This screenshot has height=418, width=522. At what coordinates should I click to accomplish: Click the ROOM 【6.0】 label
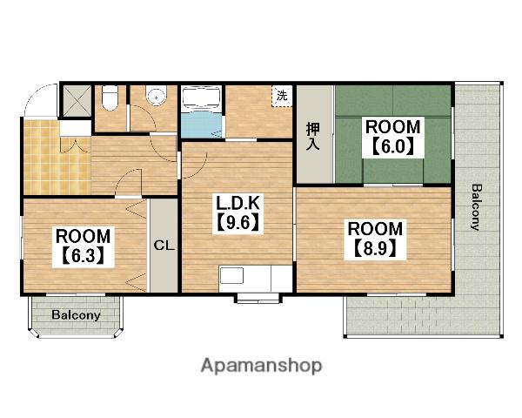[393, 137]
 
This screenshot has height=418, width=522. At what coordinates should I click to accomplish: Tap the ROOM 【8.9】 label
[375, 239]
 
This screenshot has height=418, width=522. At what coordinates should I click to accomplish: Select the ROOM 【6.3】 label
[83, 246]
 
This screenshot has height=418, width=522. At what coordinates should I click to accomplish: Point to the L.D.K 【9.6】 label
[238, 213]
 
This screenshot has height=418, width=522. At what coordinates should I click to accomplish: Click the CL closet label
[164, 246]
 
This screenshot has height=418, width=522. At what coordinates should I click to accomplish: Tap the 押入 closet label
[313, 137]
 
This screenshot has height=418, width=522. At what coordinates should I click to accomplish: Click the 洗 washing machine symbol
[282, 96]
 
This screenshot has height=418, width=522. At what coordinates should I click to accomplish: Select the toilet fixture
[110, 98]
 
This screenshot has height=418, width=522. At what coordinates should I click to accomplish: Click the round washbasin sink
[156, 96]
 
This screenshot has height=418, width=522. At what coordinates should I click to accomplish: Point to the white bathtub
[202, 97]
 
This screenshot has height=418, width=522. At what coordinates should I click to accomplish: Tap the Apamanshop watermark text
[261, 366]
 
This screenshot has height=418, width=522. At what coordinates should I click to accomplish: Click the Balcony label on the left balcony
[76, 314]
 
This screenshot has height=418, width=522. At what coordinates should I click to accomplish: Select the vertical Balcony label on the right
[476, 207]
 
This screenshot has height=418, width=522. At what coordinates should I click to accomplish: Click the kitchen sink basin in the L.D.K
[231, 276]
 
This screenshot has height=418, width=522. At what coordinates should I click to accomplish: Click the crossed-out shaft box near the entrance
[77, 101]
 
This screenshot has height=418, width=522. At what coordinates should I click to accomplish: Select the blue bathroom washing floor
[202, 125]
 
